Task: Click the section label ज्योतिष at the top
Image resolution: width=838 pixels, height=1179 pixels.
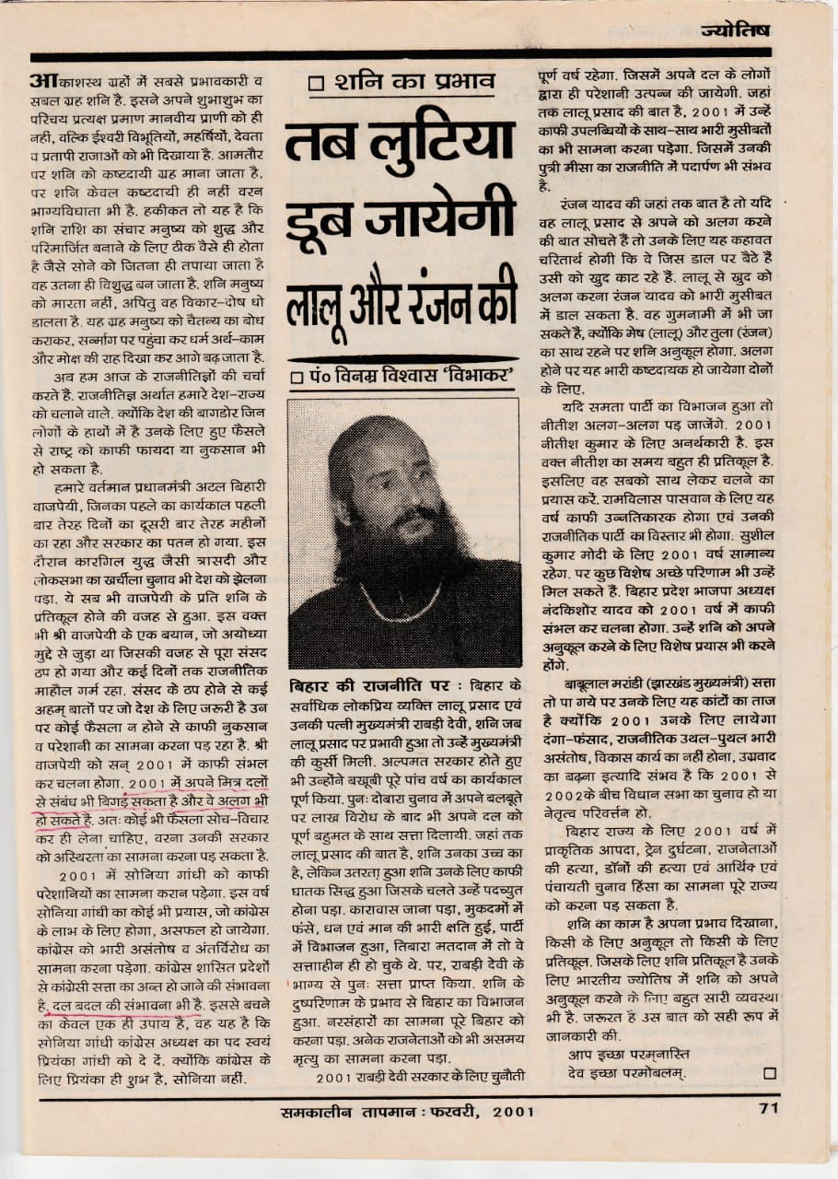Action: coord(735,30)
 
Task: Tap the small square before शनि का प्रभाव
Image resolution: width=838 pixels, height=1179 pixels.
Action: coord(317,84)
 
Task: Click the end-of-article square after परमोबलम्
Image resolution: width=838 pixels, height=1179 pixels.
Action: coord(769,1072)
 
